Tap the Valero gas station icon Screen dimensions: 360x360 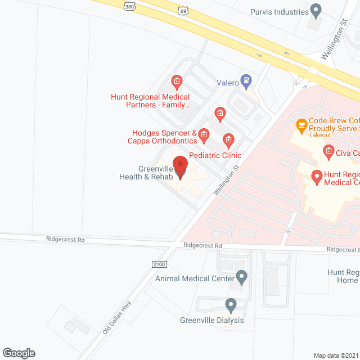pyautogui.click(x=246, y=81)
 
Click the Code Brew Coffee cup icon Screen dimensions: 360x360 pyautogui.click(x=301, y=125)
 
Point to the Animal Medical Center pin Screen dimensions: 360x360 pyautogui.click(x=242, y=277)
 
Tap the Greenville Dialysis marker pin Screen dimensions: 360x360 pyautogui.click(x=231, y=305)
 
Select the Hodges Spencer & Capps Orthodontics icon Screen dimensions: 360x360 pyautogui.click(x=204, y=134)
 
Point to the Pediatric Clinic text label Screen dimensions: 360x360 pyautogui.click(x=215, y=155)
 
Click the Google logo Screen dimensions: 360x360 pyautogui.click(x=18, y=353)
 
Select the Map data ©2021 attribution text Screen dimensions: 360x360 pyautogui.click(x=336, y=355)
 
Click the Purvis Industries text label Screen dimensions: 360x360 pyautogui.click(x=280, y=11)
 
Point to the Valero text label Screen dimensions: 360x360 pyautogui.click(x=228, y=82)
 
